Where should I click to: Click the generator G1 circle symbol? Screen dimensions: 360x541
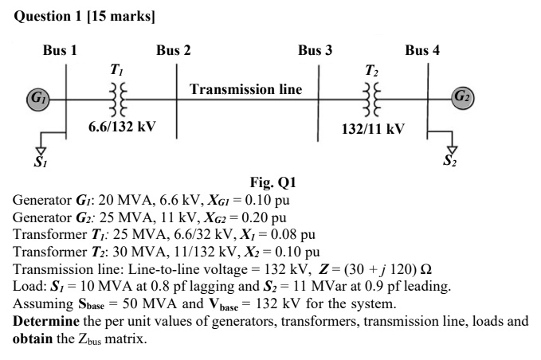[35, 100]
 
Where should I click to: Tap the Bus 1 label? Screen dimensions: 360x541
[60, 50]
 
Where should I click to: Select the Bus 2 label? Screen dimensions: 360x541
[173, 50]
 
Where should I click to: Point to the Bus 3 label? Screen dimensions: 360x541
[315, 50]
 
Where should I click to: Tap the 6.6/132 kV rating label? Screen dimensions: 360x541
[121, 127]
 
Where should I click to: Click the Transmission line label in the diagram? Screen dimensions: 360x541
[245, 89]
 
